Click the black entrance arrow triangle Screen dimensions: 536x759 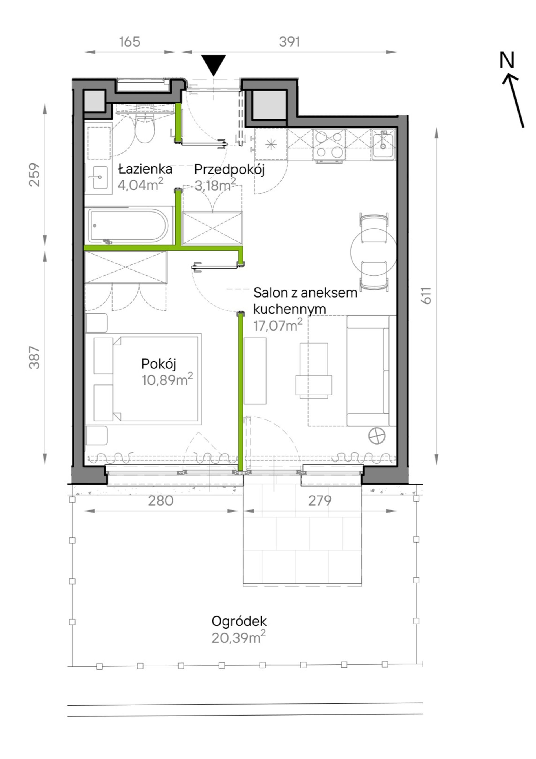click(x=214, y=65)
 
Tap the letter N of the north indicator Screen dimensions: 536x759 click(x=507, y=60)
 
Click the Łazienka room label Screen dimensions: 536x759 click(x=145, y=170)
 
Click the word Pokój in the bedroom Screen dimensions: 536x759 click(x=159, y=364)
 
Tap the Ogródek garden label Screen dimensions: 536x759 click(x=239, y=622)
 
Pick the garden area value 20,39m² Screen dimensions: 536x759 click(x=239, y=638)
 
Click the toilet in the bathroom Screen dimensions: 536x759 click(x=145, y=129)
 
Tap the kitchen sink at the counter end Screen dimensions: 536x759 click(x=383, y=144)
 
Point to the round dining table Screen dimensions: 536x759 click(x=374, y=252)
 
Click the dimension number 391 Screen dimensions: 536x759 click(x=289, y=42)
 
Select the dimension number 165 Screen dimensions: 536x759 click(x=129, y=42)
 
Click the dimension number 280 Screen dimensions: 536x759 click(x=161, y=500)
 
